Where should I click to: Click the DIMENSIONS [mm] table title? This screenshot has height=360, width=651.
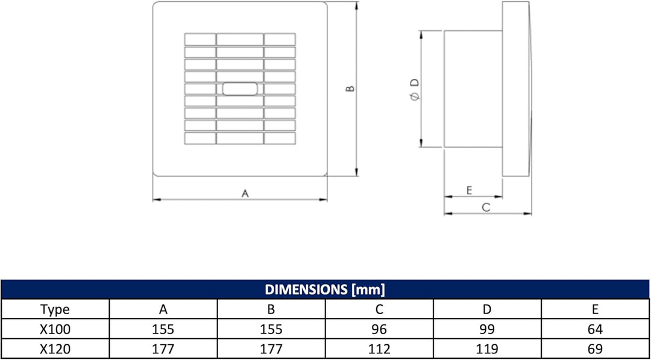(x=325, y=289)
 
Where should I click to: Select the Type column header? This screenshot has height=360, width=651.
(x=55, y=310)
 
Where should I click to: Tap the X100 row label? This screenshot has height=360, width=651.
(x=55, y=330)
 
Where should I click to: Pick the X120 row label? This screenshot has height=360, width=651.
(x=55, y=349)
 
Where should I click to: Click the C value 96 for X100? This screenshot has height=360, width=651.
(x=379, y=330)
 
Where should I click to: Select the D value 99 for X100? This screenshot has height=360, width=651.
(x=487, y=330)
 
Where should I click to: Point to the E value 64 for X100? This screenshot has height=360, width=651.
(x=595, y=330)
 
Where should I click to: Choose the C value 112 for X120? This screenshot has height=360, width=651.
(x=379, y=349)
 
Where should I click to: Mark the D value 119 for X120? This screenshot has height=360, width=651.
(x=487, y=349)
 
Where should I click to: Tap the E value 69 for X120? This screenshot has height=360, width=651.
(x=595, y=349)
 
